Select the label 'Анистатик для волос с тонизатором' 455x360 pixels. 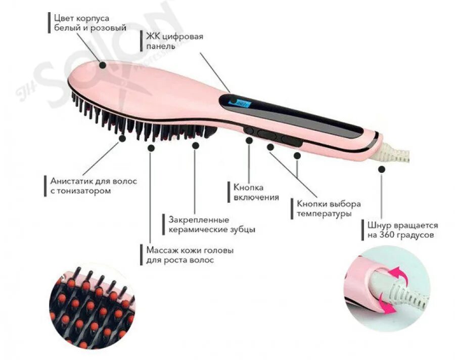click(x=94, y=186)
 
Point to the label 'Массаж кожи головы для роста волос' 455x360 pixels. click(x=190, y=255)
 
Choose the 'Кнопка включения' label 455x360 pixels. click(x=256, y=192)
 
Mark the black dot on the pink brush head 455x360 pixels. click(x=103, y=65)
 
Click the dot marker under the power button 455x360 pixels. click(x=249, y=141)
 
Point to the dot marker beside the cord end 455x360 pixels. click(x=381, y=170)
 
